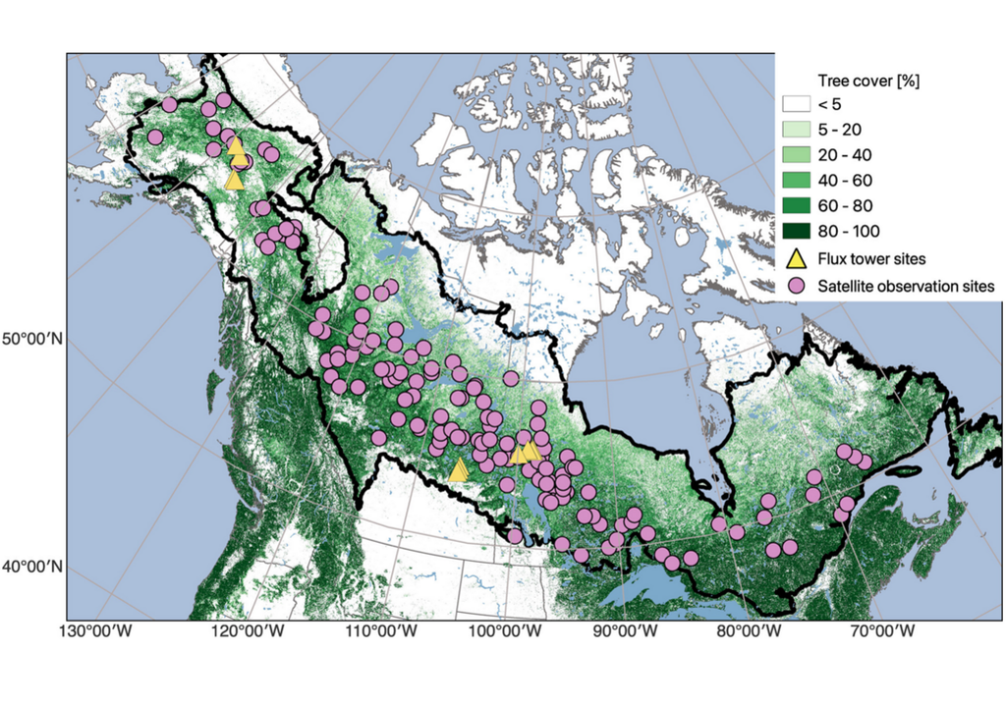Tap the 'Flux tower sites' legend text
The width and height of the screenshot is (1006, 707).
871,259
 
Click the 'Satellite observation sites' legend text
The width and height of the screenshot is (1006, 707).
905,286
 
